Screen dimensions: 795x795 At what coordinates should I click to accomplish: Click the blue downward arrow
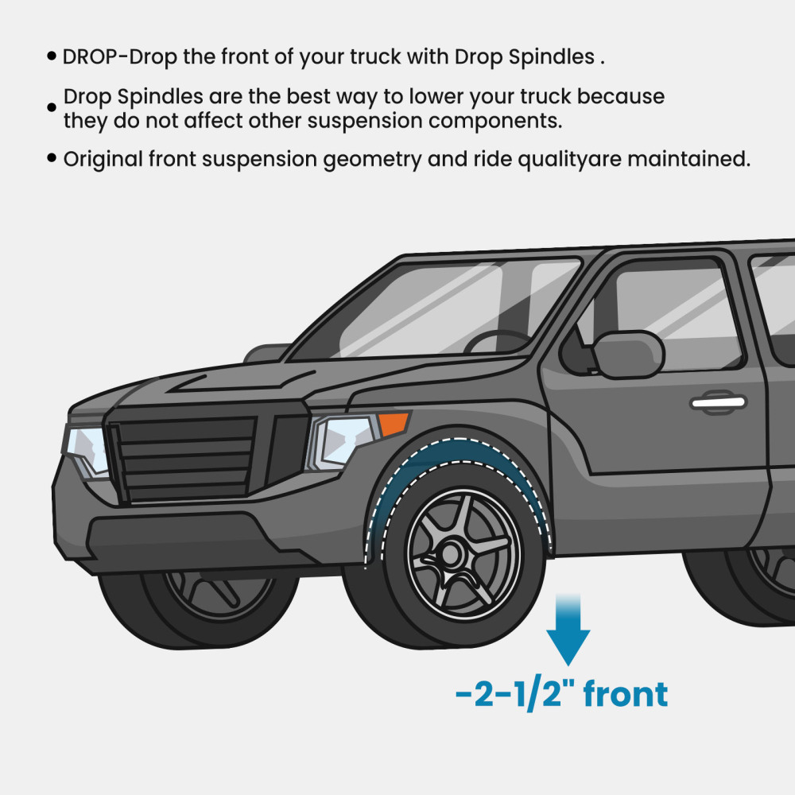tap(568, 629)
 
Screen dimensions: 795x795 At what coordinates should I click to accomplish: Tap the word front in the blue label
tap(626, 694)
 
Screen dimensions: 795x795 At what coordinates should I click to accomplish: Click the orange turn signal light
tap(394, 424)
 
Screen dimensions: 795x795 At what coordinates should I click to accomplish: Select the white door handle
tap(718, 402)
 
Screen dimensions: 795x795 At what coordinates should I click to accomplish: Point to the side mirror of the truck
tap(629, 355)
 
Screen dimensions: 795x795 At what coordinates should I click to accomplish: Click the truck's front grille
tap(183, 456)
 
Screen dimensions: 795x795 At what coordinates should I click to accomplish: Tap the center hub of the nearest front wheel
tap(449, 553)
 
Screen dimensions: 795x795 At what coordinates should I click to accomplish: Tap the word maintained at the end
tap(689, 159)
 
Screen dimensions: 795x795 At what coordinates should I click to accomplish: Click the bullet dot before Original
tap(51, 157)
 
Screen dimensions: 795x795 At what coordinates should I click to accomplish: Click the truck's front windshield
tap(436, 309)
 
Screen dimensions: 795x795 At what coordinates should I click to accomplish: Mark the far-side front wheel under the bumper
tap(198, 608)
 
